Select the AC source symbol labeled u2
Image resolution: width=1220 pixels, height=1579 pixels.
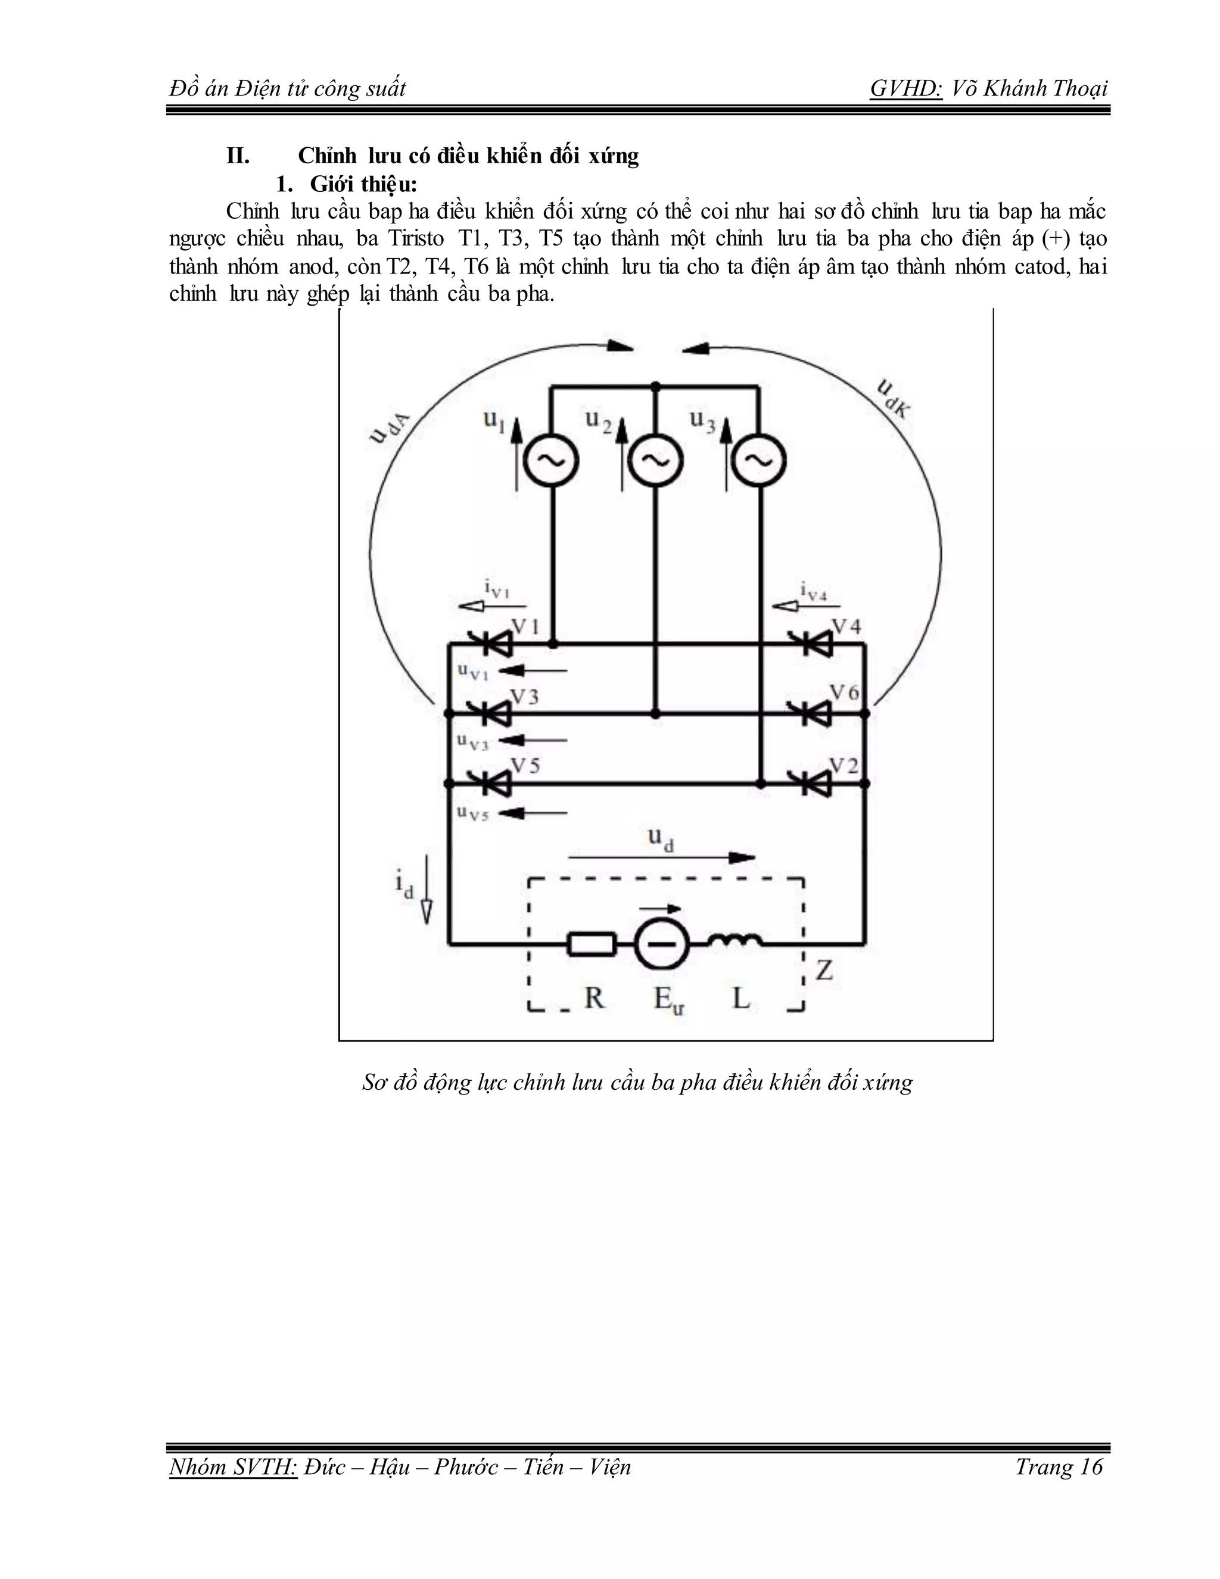655,460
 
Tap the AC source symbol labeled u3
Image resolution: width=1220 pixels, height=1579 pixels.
759,460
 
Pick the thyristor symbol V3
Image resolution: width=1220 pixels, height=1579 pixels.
491,713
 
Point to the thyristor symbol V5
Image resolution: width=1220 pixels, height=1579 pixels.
491,782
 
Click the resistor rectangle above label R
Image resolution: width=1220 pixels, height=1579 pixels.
592,943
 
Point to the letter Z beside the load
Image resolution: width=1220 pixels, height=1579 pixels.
824,969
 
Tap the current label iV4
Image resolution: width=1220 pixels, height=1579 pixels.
813,592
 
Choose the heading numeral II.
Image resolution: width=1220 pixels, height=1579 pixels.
238,156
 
